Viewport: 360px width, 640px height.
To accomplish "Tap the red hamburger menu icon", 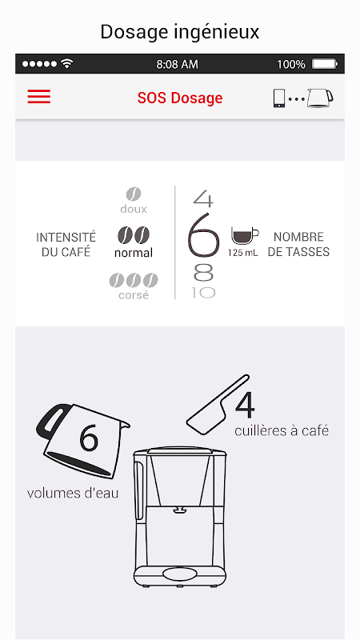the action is tap(38, 97).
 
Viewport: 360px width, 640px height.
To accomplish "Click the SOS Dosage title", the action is tap(180, 98).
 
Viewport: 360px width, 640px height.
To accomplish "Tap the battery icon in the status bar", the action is tap(325, 64).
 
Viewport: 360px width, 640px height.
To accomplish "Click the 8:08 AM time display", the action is tap(177, 64).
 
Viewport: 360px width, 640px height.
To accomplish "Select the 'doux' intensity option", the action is tap(134, 201).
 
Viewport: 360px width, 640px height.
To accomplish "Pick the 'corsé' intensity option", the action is tap(134, 286).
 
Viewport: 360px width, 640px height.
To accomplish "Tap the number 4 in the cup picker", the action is tap(203, 198).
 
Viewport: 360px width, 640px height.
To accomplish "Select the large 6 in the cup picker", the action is tap(203, 235).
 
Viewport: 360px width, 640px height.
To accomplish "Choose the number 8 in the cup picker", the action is tap(203, 273).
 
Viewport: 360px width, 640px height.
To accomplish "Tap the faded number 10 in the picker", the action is tap(203, 293).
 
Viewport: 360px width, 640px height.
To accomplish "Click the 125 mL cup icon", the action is tap(245, 235).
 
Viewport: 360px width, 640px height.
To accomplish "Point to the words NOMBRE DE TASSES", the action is tap(298, 245).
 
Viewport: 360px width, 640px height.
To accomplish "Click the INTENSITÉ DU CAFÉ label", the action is tap(66, 245).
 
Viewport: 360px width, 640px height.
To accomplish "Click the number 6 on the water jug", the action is tap(89, 438).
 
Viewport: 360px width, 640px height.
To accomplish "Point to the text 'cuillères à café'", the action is tap(282, 430).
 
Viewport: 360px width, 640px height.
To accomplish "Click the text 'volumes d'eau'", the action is tap(73, 493).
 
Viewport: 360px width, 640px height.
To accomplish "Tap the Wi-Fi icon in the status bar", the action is tap(66, 64).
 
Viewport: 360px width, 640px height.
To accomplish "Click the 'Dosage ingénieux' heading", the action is tap(180, 32).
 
